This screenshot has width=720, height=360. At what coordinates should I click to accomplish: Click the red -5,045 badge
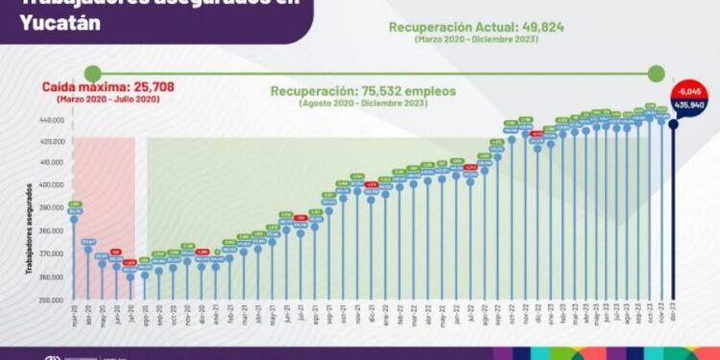click(689, 89)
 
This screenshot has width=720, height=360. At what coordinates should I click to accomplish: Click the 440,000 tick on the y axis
click(51, 121)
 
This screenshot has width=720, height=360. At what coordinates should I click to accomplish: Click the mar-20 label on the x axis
click(74, 315)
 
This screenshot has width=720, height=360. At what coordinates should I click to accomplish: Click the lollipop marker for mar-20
click(74, 218)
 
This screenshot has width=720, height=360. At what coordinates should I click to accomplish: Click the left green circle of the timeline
click(92, 72)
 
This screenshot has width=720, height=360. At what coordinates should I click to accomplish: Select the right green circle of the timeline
click(657, 72)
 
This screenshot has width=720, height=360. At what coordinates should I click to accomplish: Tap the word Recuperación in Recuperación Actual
click(429, 27)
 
